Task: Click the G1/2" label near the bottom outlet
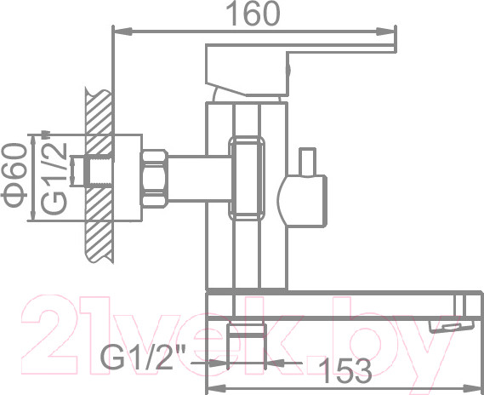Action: pos(141,356)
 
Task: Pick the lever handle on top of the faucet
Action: pos(298,55)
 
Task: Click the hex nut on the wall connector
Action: pos(156,177)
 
